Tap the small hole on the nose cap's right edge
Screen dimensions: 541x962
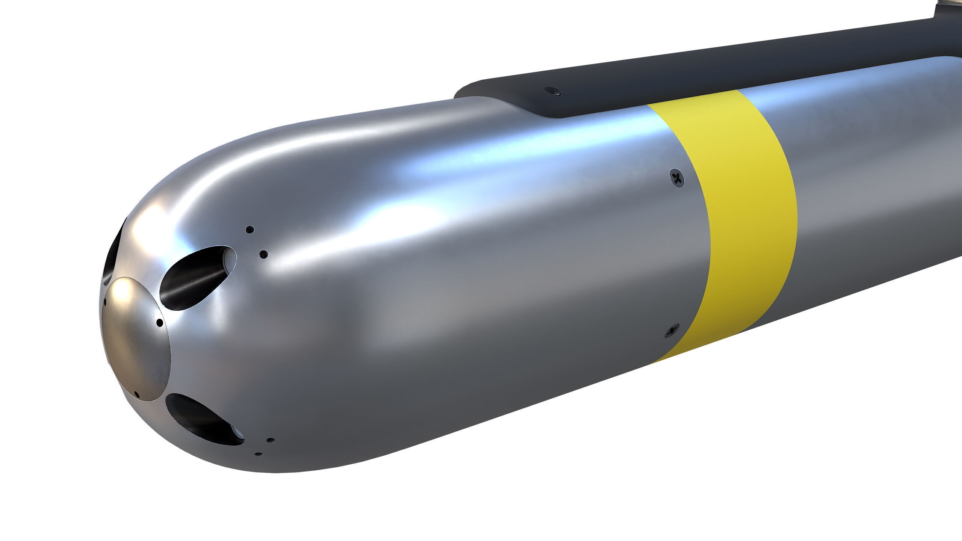pos(160,322)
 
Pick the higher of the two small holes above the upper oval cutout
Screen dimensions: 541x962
pos(250,229)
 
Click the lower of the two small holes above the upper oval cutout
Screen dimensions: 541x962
pos(264,254)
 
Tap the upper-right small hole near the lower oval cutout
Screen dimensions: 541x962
pos(270,440)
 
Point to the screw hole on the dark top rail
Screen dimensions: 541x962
pos(552,91)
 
